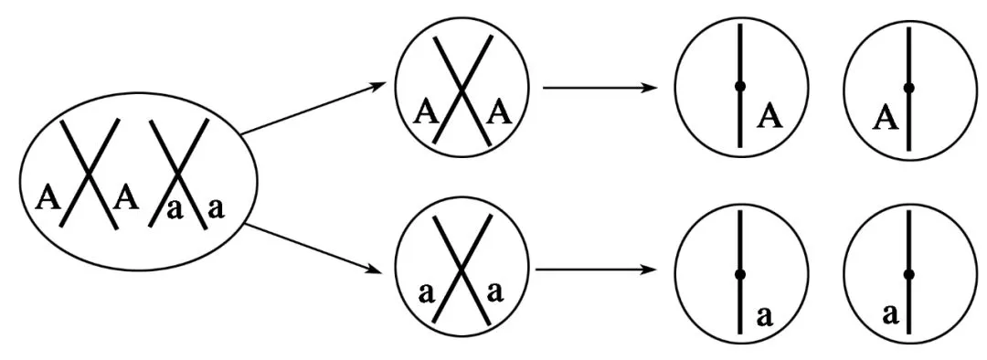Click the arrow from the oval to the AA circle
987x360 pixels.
(x=313, y=108)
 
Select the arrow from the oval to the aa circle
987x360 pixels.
(x=313, y=249)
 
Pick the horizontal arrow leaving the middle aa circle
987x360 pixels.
(x=592, y=270)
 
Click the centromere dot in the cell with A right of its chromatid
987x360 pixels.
(x=740, y=86)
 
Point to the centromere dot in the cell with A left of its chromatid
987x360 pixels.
(x=908, y=88)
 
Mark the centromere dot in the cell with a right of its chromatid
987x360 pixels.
(x=740, y=274)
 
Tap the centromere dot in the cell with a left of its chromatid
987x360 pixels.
(x=908, y=274)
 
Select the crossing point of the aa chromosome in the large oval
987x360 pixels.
(x=179, y=171)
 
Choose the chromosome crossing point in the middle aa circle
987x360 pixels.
(x=462, y=270)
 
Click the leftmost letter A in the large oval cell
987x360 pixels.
(x=48, y=198)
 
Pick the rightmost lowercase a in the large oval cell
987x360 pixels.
(x=216, y=208)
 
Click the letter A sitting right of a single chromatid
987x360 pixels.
(x=771, y=116)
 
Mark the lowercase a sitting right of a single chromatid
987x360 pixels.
(x=764, y=316)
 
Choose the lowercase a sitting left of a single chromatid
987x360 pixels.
(x=890, y=314)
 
